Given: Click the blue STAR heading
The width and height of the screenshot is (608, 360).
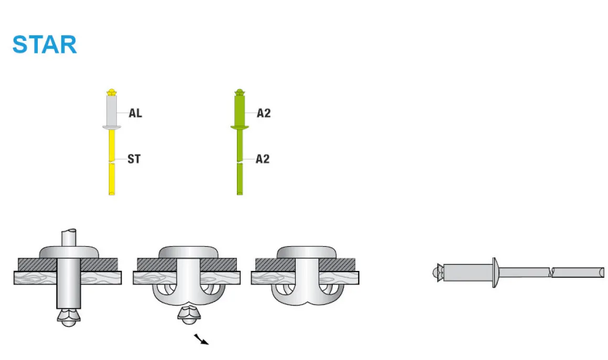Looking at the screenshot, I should click(x=45, y=45).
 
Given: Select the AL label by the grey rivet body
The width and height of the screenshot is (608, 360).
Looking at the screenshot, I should click(x=135, y=113).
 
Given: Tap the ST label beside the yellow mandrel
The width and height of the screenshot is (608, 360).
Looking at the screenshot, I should click(x=134, y=159).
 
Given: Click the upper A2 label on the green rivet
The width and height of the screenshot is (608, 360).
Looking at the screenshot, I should click(x=264, y=113).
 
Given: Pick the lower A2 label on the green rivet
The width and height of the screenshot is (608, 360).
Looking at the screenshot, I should click(x=263, y=159).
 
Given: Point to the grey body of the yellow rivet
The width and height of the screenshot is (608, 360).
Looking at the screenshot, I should click(x=111, y=111).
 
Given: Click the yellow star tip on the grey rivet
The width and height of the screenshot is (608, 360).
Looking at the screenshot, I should click(x=111, y=93).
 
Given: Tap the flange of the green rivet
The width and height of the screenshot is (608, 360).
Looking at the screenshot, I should click(x=240, y=127).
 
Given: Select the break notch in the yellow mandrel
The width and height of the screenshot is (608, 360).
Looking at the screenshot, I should click(x=112, y=162).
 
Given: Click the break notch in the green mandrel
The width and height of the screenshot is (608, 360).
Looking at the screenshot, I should click(x=240, y=163).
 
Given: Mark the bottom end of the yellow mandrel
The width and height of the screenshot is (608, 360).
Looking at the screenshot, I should click(x=112, y=193).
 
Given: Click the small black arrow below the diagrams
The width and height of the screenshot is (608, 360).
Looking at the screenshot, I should click(x=201, y=340).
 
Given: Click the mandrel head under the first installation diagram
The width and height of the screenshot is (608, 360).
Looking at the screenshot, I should click(x=68, y=317).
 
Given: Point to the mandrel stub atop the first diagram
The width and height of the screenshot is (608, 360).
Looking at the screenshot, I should click(x=68, y=237).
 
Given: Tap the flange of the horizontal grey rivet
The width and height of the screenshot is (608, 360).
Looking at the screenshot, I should click(x=495, y=272).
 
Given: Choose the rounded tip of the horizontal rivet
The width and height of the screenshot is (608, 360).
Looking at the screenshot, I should click(x=435, y=272).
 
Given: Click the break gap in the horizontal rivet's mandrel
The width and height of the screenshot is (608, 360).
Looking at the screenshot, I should click(x=550, y=272).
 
